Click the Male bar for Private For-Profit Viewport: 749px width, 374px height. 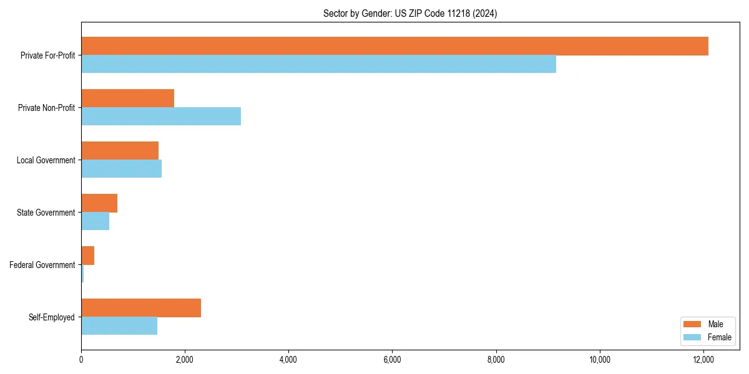(x=394, y=46)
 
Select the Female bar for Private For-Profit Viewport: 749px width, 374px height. (x=318, y=64)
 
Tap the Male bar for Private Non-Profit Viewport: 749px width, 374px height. (x=127, y=98)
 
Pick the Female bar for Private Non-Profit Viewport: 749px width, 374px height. (x=161, y=117)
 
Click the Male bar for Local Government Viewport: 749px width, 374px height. (x=120, y=151)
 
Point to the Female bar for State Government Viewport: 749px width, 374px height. (x=95, y=221)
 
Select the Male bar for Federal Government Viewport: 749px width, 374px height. (x=87, y=256)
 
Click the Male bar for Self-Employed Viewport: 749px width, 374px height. (x=141, y=308)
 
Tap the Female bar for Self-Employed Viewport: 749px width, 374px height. (x=119, y=326)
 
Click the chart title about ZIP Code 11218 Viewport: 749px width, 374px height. (x=410, y=13)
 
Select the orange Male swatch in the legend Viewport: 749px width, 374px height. (x=693, y=324)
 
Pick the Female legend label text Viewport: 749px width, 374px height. (x=719, y=337)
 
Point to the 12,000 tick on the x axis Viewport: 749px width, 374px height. (x=703, y=360)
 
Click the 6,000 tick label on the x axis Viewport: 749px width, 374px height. (x=392, y=360)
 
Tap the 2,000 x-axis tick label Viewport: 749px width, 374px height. (x=185, y=360)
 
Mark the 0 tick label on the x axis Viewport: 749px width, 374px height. (x=81, y=360)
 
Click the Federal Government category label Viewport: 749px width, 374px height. (x=42, y=265)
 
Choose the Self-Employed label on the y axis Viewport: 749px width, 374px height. (x=52, y=317)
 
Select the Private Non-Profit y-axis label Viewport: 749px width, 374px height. (x=46, y=108)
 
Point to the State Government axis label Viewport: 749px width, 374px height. (x=46, y=213)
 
